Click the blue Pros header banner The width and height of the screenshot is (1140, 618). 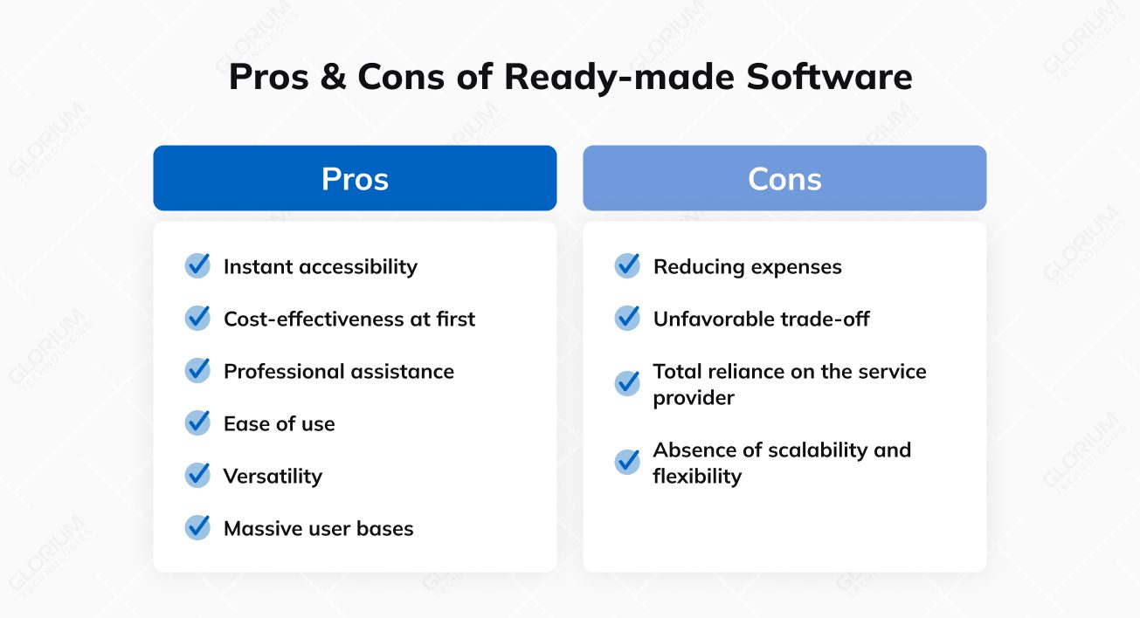[x=355, y=178]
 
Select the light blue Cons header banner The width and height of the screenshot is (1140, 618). [x=784, y=178]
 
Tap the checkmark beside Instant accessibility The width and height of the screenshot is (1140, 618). [x=197, y=266]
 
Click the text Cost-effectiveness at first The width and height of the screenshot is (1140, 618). [x=349, y=319]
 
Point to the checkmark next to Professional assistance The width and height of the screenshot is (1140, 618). [x=197, y=371]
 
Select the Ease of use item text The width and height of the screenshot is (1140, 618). [x=279, y=423]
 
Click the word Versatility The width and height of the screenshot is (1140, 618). [x=273, y=476]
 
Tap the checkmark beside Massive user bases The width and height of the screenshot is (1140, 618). [x=197, y=528]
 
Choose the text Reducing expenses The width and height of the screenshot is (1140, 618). [x=747, y=266]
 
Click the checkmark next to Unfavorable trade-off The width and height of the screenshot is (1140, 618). [x=627, y=319]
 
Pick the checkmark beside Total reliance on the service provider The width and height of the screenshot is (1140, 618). [x=627, y=383]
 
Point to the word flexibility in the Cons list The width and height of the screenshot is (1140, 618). [x=696, y=476]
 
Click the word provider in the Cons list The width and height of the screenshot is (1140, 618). [x=694, y=397]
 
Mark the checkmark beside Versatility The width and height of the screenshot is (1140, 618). [x=197, y=476]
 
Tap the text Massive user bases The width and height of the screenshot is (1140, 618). [x=318, y=528]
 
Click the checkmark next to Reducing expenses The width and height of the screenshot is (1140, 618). [x=627, y=266]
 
